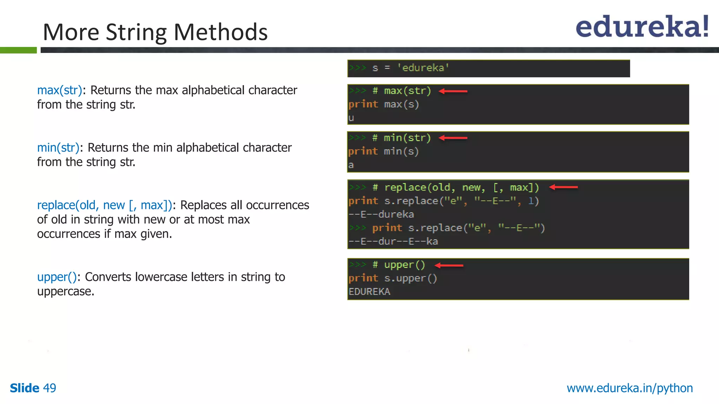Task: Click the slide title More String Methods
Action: pos(155,32)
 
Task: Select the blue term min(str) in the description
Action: pos(58,148)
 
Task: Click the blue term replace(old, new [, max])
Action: pos(104,205)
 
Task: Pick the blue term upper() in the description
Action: pos(57,277)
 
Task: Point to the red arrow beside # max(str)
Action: pos(453,91)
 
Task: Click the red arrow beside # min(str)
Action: pos(453,138)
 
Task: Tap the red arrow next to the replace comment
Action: pos(563,187)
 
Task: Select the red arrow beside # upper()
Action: pos(449,265)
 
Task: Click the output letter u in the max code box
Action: pos(351,118)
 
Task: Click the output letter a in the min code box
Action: pos(351,165)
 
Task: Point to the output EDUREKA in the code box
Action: pos(369,292)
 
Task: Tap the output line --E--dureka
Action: pos(381,214)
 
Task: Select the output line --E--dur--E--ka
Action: pos(393,241)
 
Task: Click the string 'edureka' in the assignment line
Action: pos(423,68)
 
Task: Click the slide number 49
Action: pos(50,388)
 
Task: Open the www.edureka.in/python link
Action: pos(630,388)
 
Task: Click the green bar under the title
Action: pos(18,50)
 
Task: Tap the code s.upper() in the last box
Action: pos(410,278)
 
